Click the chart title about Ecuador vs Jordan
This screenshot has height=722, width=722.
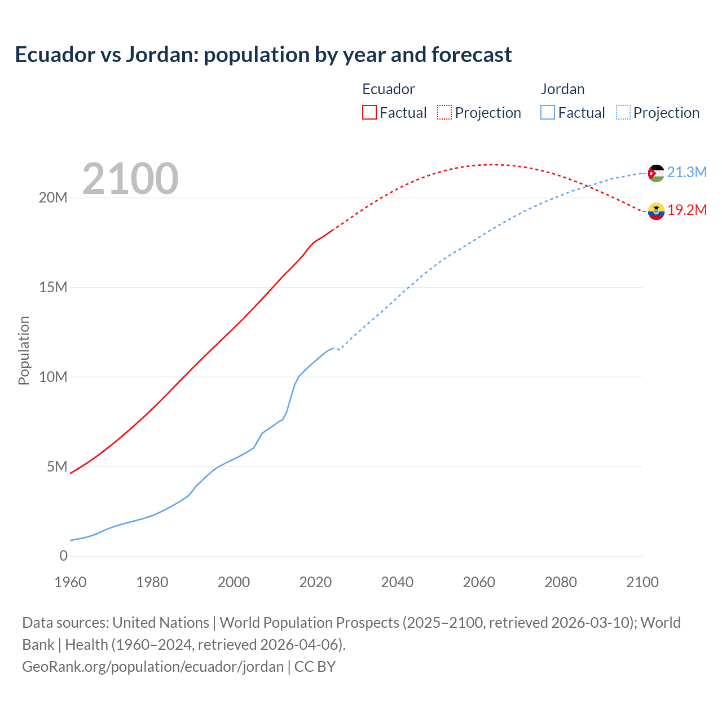click(263, 55)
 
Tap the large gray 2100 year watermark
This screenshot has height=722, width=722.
click(130, 179)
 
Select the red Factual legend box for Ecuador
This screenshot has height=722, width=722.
click(369, 112)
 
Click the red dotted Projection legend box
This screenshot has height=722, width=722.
click(444, 112)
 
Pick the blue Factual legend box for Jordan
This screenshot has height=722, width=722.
click(547, 112)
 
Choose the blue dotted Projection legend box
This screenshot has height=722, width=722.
click(623, 112)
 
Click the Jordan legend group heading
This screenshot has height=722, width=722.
click(562, 89)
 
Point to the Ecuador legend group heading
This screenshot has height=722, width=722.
click(388, 89)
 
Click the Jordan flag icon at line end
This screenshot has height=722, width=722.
click(656, 173)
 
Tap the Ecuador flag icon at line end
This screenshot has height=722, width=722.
click(656, 211)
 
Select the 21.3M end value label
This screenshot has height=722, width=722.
click(686, 172)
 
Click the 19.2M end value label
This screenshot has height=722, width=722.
click(686, 210)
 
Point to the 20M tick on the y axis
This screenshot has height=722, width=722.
click(53, 197)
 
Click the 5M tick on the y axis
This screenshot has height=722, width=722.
click(56, 466)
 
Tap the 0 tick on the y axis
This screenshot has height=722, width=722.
click(63, 556)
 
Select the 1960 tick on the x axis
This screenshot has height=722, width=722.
click(71, 582)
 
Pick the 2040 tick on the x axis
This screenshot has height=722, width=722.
click(397, 582)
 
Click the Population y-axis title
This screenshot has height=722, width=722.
click(24, 350)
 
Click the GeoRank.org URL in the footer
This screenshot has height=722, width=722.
click(153, 667)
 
